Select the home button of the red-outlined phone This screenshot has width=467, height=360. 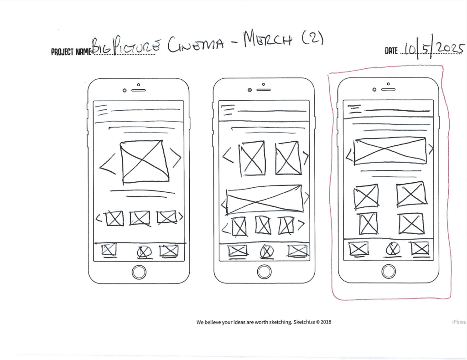pos(389,272)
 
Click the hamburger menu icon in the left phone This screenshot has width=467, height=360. pos(102,109)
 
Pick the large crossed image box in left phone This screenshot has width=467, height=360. pos(144,162)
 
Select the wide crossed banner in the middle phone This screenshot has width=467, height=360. pos(264,199)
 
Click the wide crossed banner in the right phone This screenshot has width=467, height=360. pos(390,150)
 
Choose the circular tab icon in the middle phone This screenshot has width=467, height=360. pos(266,251)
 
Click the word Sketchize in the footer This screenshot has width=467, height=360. pos(305,322)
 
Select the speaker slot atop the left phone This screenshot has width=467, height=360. pos(138,90)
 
